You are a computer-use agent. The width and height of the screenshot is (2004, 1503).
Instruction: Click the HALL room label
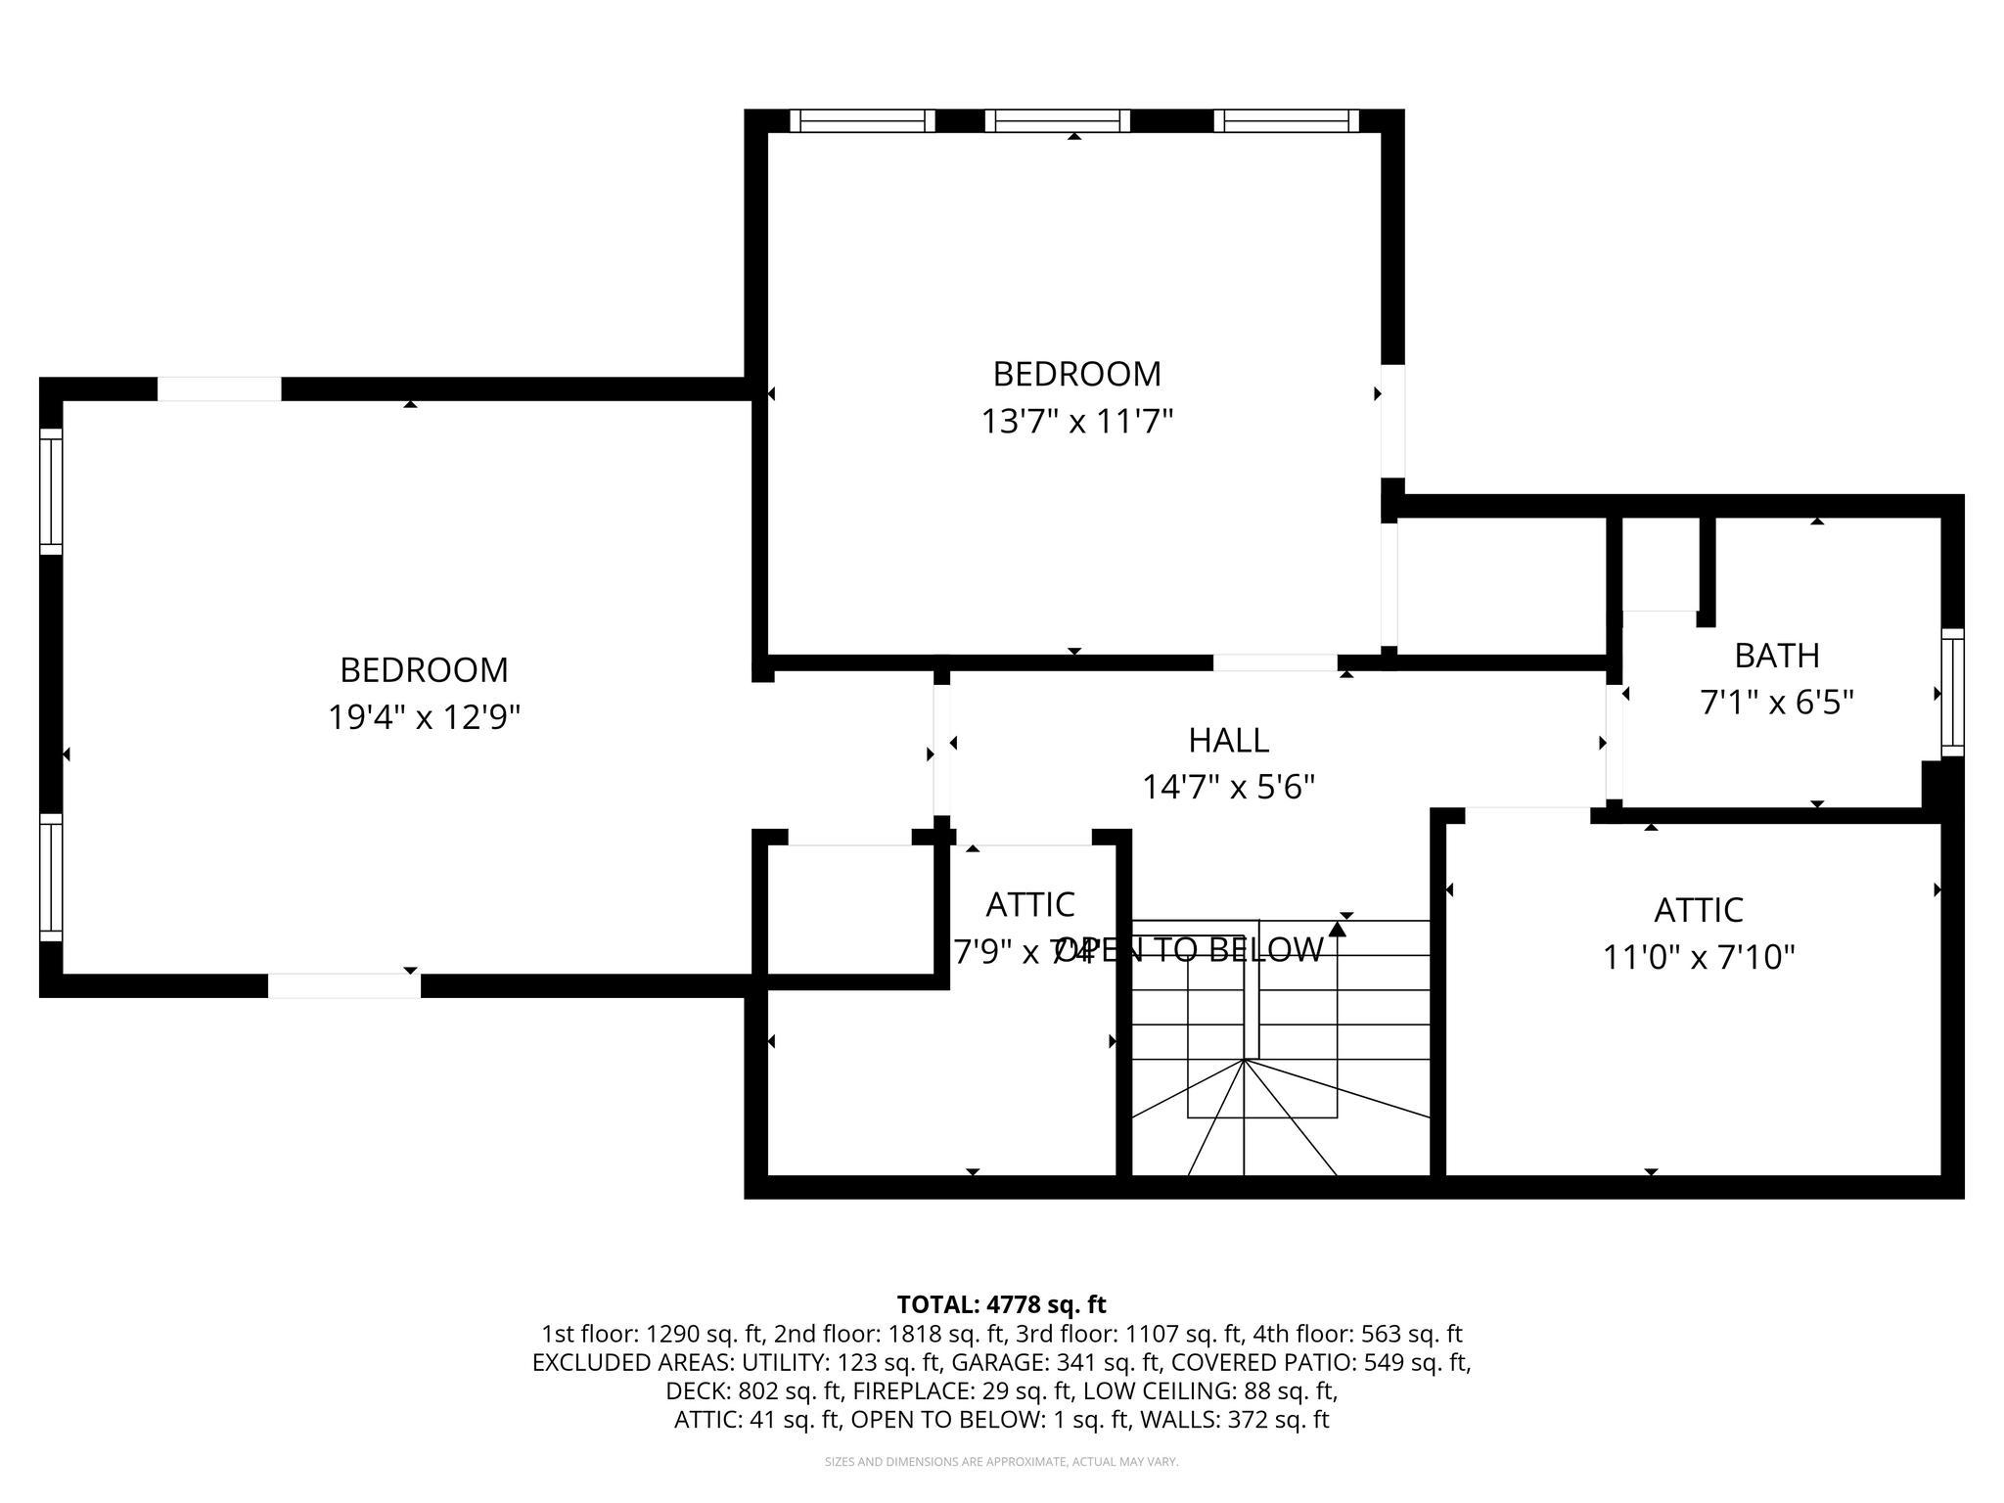1228,741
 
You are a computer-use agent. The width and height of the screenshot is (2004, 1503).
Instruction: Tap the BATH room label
1776,655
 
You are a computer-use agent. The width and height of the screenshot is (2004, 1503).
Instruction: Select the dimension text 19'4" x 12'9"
423,718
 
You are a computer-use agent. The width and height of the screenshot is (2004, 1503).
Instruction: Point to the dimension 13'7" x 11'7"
1076,422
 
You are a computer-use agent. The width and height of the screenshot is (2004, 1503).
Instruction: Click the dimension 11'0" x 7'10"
1698,957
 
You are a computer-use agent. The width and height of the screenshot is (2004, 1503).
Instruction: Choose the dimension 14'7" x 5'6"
1228,787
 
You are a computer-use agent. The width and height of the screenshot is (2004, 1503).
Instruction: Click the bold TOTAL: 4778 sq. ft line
1000,1304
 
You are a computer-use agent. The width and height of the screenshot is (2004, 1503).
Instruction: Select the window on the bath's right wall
1951,692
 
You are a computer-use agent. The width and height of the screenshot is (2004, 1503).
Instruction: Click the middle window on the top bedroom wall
1057,120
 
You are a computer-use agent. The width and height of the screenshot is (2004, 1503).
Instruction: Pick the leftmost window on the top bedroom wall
862,120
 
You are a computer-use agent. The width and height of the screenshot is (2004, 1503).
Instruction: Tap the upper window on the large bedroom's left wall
51,491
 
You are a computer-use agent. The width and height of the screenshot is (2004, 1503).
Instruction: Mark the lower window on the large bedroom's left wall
51,877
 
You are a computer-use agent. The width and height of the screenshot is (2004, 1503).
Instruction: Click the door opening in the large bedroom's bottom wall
344,985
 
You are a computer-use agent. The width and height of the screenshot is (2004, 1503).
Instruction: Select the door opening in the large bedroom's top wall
219,388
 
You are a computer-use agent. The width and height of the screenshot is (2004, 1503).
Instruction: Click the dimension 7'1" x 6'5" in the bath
1776,703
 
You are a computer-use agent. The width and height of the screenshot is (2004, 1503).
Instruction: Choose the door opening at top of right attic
1526,815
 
